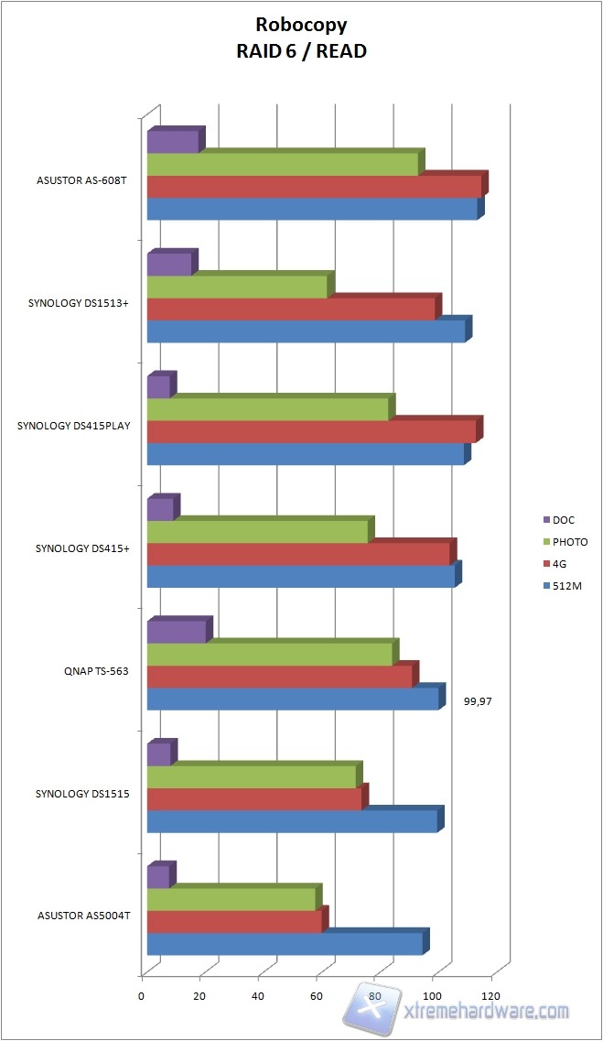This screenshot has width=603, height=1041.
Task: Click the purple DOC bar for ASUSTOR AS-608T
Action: (172, 142)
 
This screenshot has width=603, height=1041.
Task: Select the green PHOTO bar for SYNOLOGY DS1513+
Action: (238, 287)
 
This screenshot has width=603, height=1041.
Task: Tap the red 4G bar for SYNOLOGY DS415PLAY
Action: (311, 431)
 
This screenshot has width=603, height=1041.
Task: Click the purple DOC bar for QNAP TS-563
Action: (177, 632)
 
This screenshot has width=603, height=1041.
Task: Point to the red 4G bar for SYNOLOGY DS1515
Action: (254, 799)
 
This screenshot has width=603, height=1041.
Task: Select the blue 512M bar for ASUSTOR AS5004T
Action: (285, 943)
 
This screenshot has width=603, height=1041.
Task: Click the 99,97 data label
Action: (485, 702)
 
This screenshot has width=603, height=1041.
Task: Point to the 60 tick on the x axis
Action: (318, 995)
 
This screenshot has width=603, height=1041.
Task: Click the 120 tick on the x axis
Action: (491, 995)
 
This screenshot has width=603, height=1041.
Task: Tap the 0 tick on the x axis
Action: (142, 995)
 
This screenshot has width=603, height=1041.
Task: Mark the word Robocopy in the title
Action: (301, 27)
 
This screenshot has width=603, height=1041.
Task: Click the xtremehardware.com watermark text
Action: (487, 1011)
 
